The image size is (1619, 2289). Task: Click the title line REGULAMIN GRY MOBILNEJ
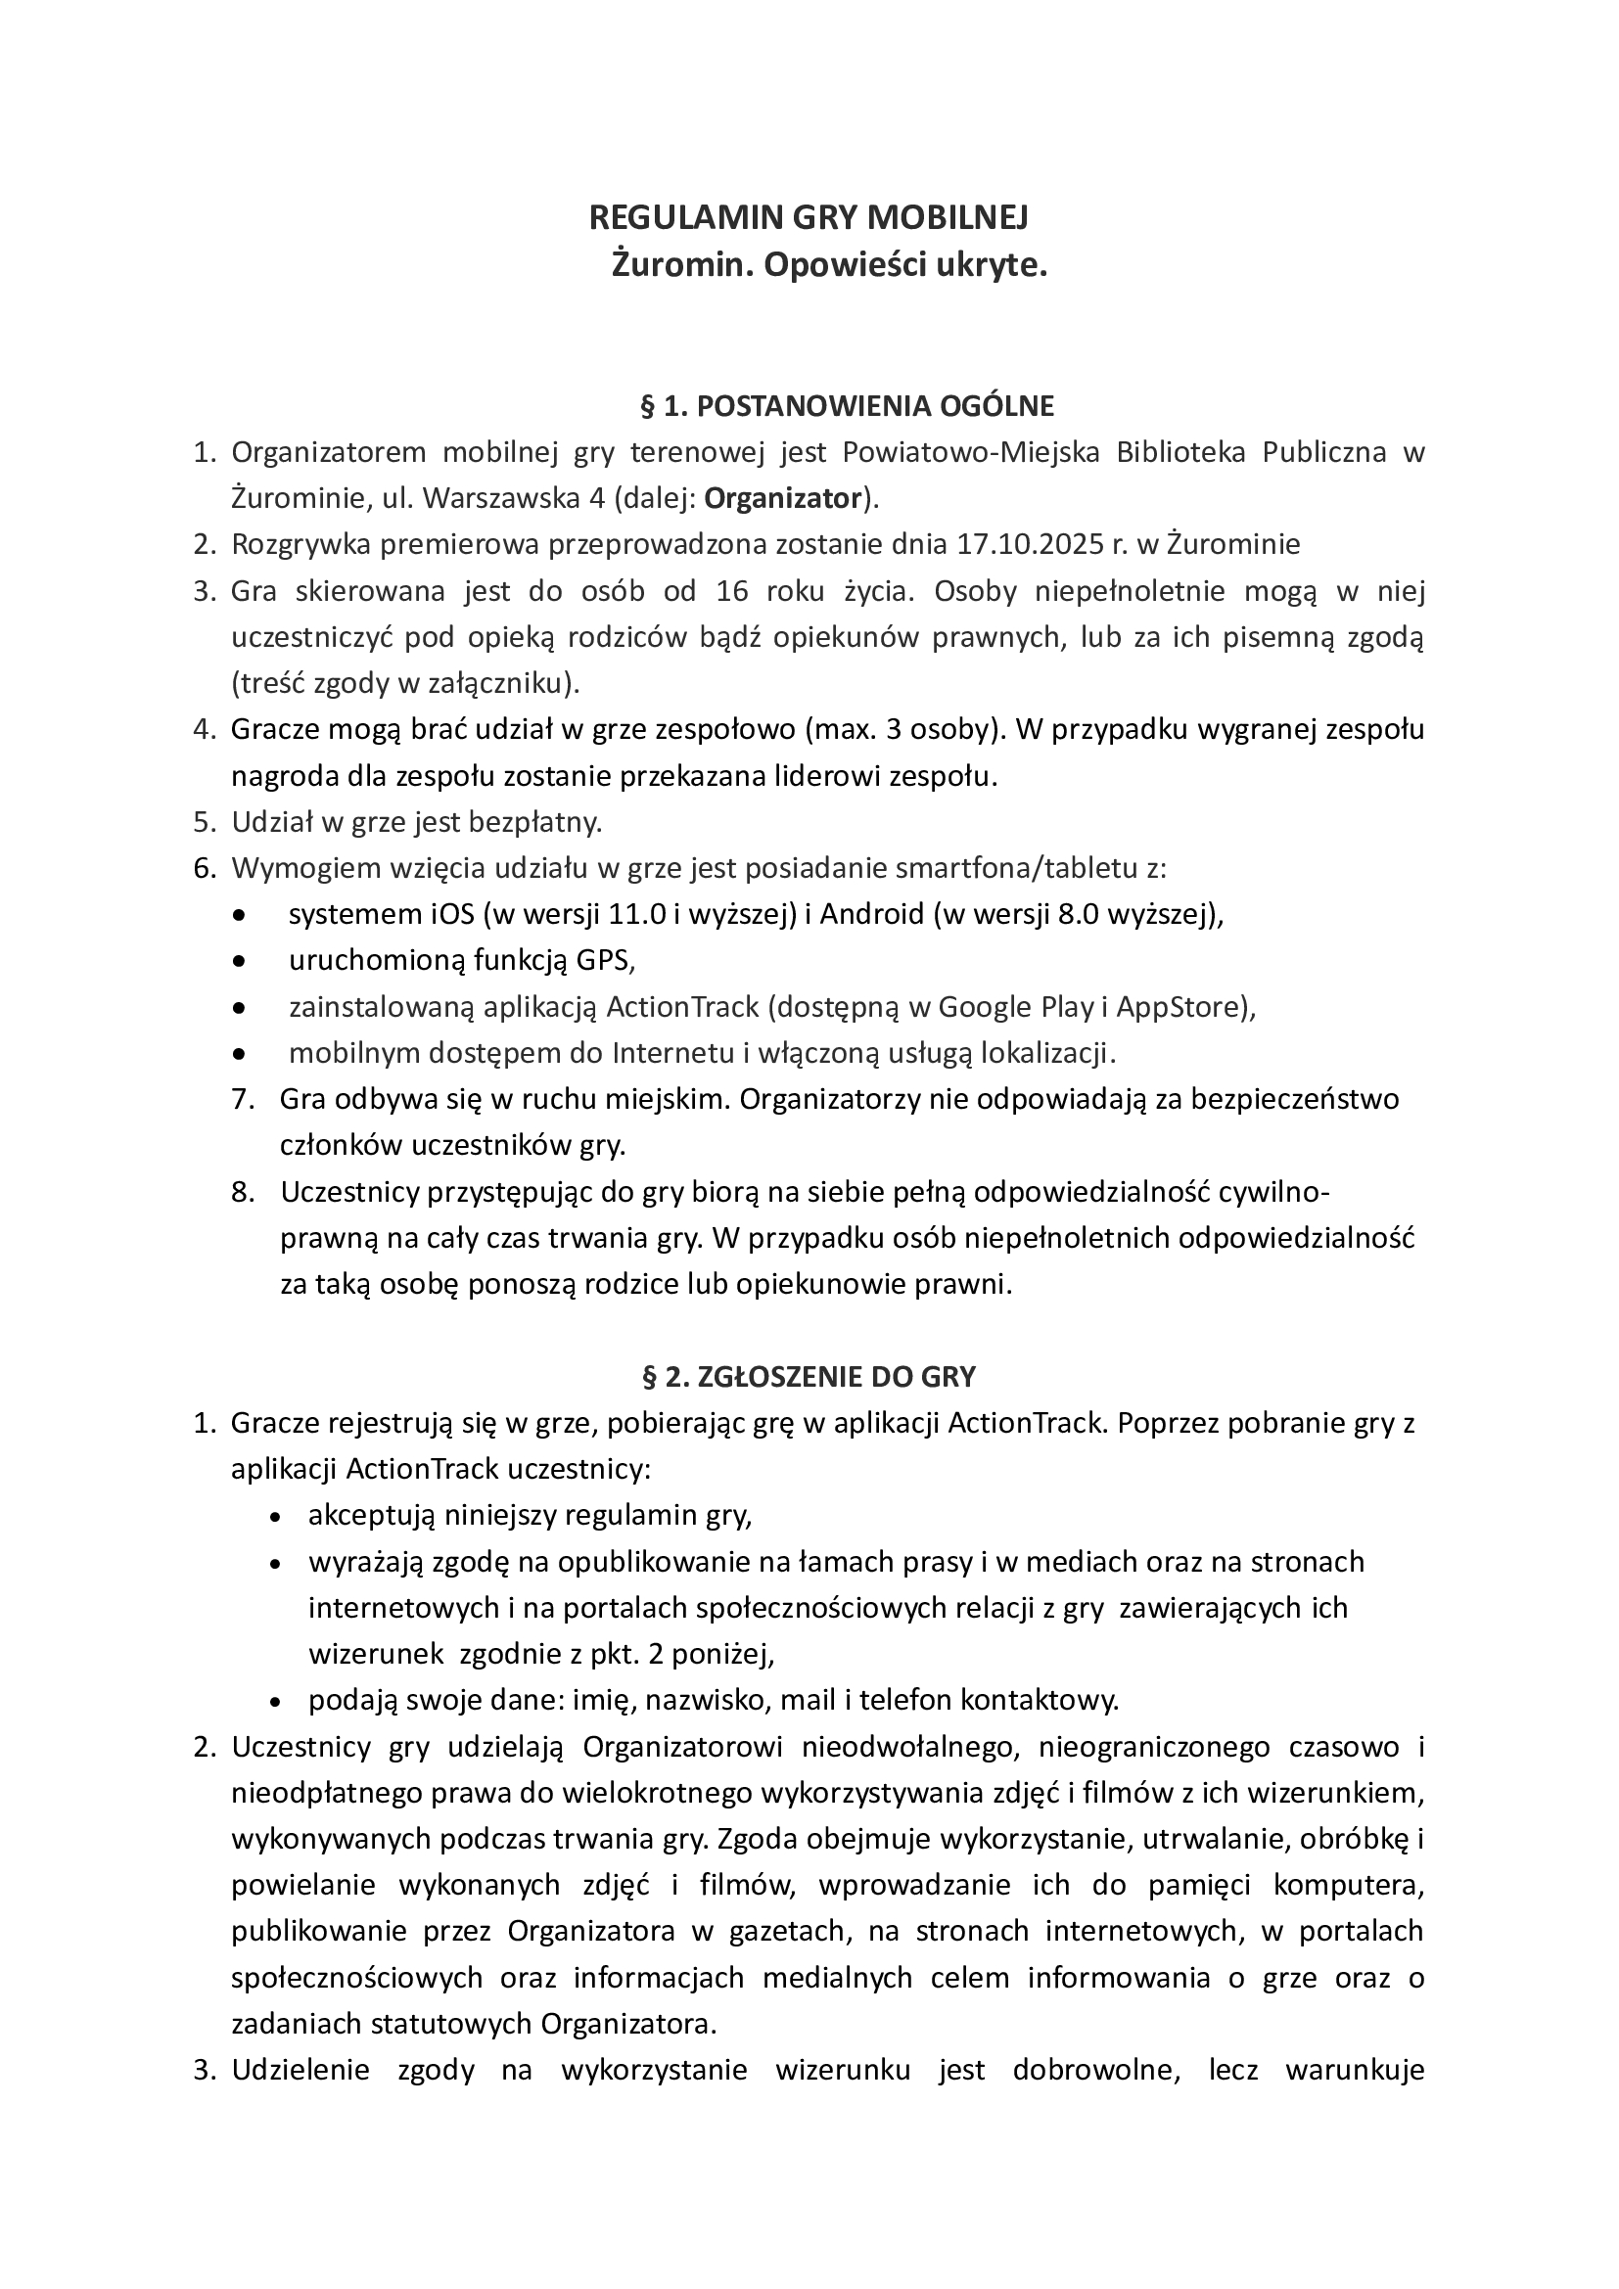(x=809, y=217)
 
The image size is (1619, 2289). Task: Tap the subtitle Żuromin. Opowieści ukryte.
(x=828, y=265)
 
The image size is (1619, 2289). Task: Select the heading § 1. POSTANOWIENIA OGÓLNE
(x=847, y=406)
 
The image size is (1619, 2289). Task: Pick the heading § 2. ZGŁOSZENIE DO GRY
(x=809, y=1377)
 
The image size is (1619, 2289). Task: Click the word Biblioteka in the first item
(x=1181, y=453)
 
